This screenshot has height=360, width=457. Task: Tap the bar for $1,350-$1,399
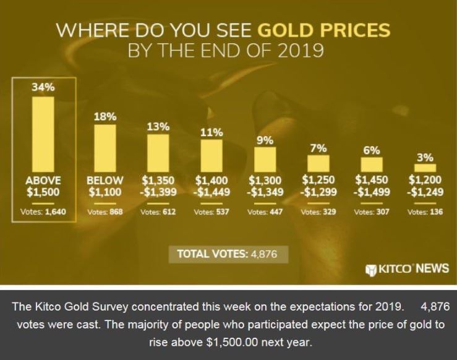click(158, 152)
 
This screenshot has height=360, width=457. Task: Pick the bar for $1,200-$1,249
click(425, 168)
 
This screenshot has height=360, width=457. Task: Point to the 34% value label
click(43, 87)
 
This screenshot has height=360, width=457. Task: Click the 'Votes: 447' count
click(265, 212)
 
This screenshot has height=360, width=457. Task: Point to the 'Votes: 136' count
click(425, 212)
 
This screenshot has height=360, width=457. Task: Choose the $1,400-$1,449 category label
click(211, 186)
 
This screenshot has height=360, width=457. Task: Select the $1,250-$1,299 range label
click(318, 186)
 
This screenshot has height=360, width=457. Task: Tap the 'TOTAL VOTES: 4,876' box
click(228, 253)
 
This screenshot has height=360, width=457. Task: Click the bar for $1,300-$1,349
click(265, 158)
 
